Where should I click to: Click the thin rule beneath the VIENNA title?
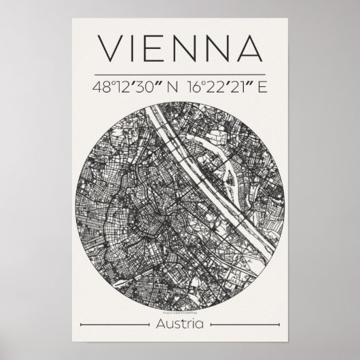pos(180,73)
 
